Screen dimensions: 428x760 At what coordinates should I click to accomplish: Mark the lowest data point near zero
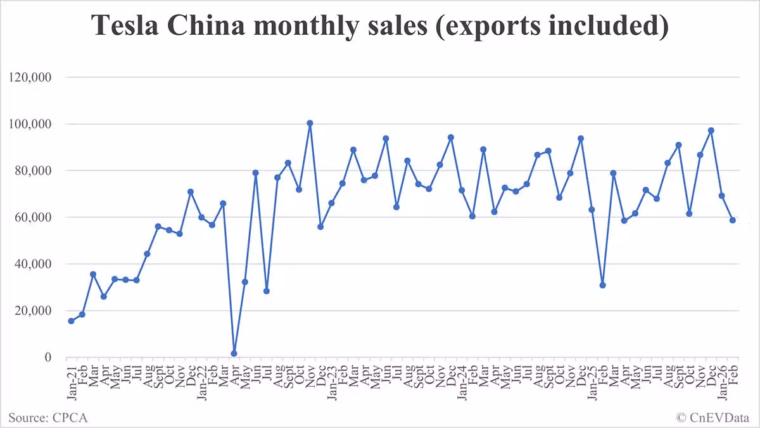point(234,353)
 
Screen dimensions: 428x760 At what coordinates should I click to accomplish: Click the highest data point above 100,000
point(310,123)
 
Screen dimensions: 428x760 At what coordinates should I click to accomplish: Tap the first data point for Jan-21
point(71,321)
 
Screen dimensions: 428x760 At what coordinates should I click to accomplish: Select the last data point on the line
point(733,220)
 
